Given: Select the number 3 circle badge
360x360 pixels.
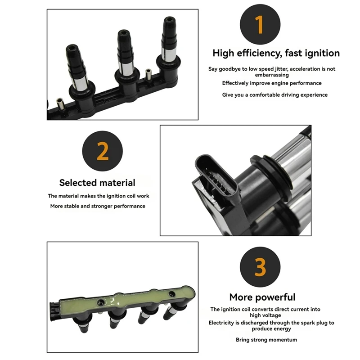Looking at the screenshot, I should click(260, 267).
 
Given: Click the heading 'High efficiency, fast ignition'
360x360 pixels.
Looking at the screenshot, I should click(276, 53).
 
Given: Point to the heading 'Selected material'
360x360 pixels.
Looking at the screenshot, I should click(97, 183).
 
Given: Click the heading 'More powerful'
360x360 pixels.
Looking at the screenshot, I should click(262, 297).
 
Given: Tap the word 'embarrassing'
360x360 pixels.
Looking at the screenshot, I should click(271, 75).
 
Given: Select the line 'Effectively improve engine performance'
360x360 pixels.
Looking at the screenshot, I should click(271, 83).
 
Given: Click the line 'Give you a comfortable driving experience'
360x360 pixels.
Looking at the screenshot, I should click(274, 95).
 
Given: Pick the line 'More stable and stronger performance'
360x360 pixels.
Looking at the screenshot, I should click(97, 206).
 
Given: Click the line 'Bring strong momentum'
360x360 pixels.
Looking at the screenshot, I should click(266, 340).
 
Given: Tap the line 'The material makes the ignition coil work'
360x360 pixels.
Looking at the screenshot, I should click(99, 196).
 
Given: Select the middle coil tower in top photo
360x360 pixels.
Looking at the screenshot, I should click(124, 56).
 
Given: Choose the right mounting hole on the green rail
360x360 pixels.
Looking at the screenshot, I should click(171, 294).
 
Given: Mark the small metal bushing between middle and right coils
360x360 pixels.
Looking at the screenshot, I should click(148, 74).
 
